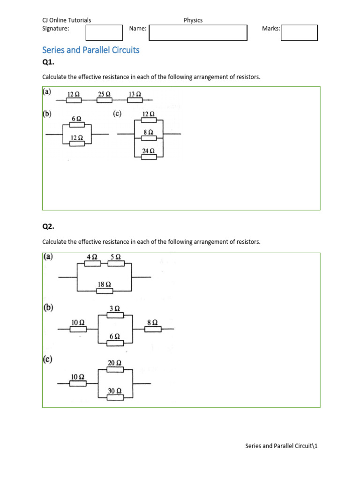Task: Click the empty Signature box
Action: tap(104, 32)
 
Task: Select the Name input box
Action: tap(198, 32)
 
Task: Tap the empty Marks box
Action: tap(299, 32)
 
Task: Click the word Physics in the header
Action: tap(193, 20)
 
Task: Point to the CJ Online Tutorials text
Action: tap(67, 20)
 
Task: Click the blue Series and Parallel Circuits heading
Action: tap(91, 50)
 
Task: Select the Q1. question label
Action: tap(48, 63)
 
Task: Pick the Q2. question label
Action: tap(48, 226)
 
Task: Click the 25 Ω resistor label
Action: tap(104, 94)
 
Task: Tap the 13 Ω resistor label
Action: tap(135, 94)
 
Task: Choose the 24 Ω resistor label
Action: tap(149, 151)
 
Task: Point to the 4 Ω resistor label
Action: tap(92, 257)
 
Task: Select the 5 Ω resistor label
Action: tap(116, 257)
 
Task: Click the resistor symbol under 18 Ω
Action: tap(105, 291)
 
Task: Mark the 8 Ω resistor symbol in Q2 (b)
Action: tap(153, 330)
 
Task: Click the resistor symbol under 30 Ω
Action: tap(115, 397)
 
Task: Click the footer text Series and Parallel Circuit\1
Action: tap(281, 446)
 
